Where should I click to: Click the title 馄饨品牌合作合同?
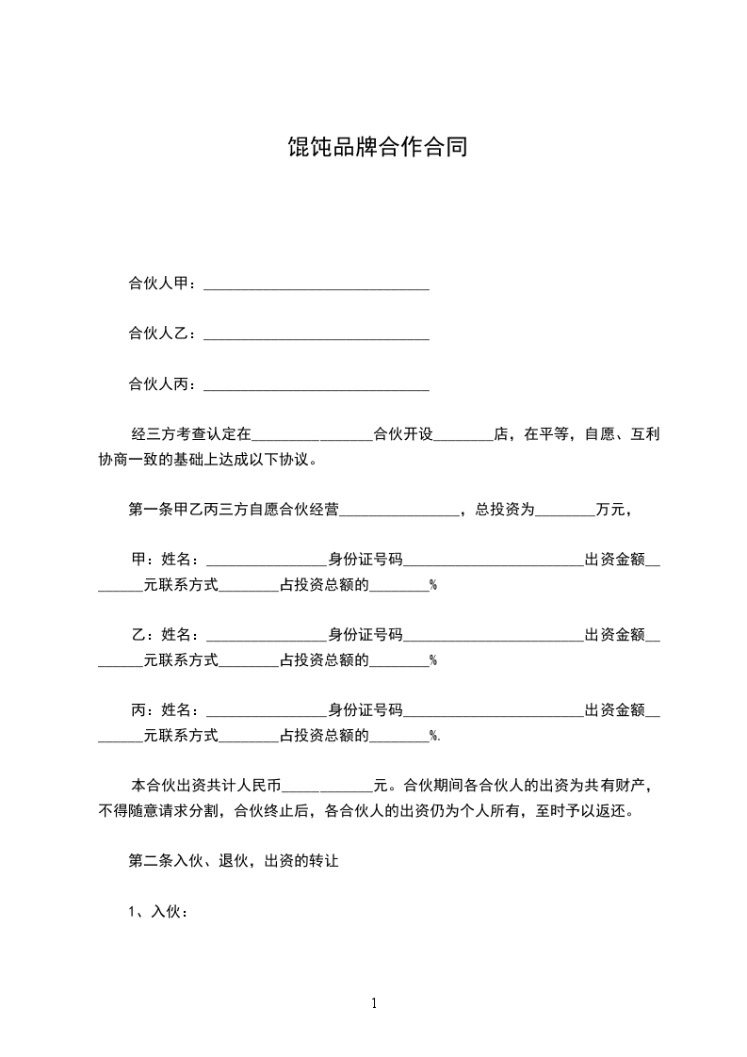click(x=377, y=148)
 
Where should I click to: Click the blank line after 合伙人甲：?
click(x=317, y=285)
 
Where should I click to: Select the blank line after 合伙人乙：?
click(x=317, y=334)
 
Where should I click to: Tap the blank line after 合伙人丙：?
click(x=317, y=384)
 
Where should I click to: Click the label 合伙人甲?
click(x=158, y=284)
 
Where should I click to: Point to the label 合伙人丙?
click(x=158, y=383)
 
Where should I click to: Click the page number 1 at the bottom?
click(x=374, y=1003)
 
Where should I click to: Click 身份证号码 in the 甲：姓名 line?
click(x=365, y=560)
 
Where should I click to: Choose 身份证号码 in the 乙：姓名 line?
click(x=365, y=635)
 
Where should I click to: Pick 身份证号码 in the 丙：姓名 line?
click(x=365, y=710)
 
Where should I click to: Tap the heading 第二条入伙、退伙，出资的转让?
click(x=233, y=861)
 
